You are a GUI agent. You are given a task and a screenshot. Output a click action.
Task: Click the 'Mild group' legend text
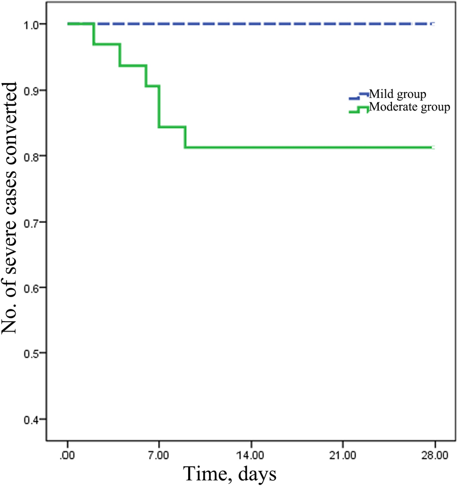point(398,94)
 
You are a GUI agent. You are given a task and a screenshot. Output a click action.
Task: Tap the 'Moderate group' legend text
point(408,107)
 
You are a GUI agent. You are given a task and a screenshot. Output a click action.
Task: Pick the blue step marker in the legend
point(358,96)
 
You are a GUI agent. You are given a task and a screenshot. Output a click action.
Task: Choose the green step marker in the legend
point(358,110)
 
